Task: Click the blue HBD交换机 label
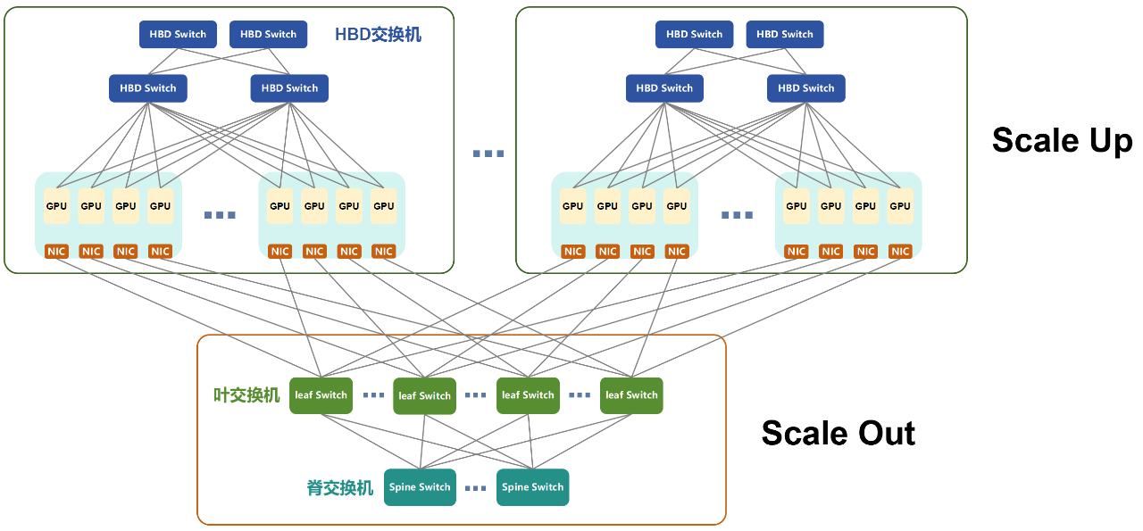378,35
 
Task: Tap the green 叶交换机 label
246,395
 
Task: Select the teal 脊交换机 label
340,488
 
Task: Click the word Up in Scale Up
1100,140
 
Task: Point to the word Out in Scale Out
879,434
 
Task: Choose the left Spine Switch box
420,487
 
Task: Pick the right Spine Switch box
532,487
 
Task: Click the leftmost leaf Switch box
321,395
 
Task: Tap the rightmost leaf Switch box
631,395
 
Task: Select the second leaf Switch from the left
424,395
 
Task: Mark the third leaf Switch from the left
528,395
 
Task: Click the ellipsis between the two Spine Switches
476,488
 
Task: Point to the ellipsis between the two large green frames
488,153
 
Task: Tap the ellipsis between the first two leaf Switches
372,395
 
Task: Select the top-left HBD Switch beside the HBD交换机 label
178,35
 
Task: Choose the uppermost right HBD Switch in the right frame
785,35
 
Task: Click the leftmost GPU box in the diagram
56,206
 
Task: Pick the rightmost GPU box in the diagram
900,206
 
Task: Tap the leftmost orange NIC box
56,252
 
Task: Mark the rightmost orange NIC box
900,252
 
